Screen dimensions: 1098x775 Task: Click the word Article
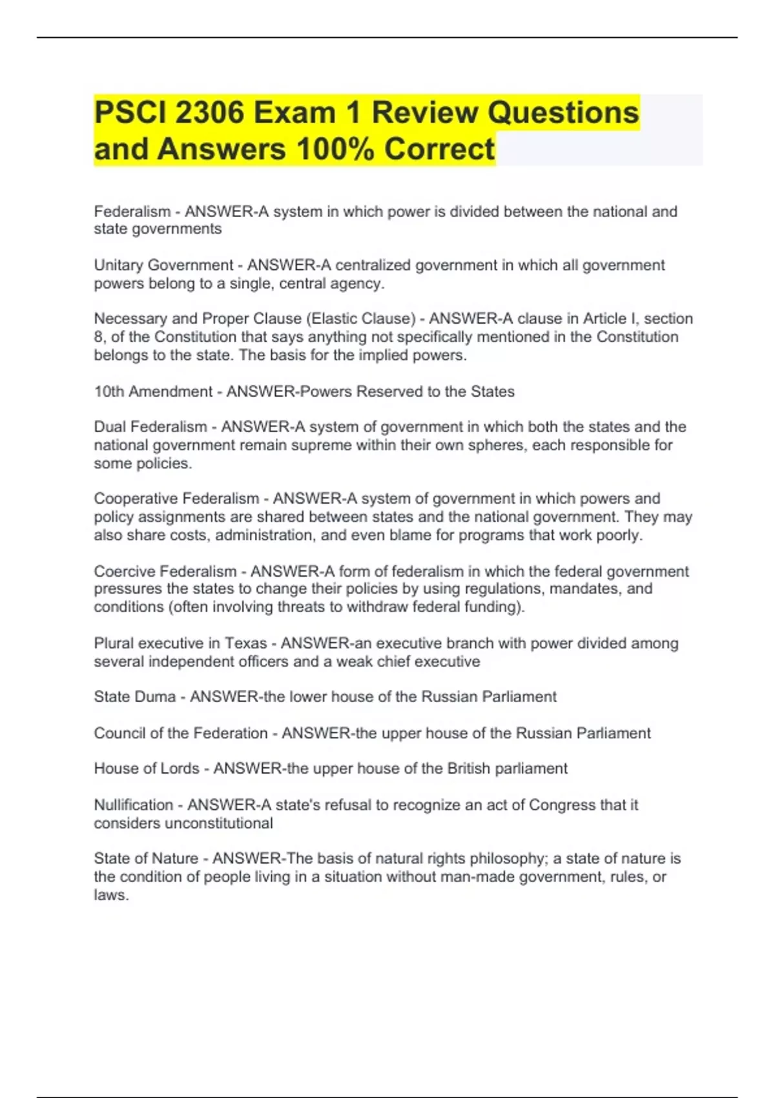tap(608, 319)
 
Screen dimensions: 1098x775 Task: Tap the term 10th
tap(108, 392)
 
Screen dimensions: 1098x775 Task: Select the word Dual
tap(110, 427)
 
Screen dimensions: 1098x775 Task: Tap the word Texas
tap(245, 643)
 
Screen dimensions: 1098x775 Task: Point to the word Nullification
tap(133, 805)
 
